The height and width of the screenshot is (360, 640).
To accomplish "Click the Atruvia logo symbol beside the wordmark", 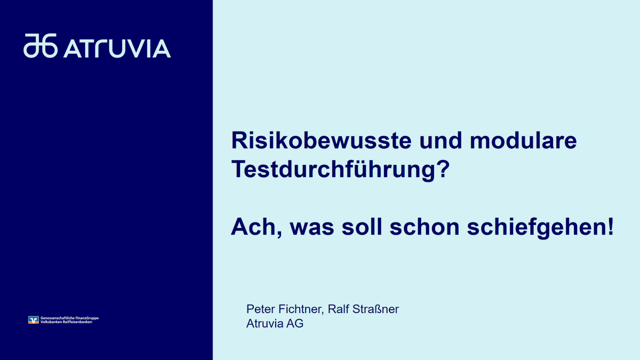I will (41, 46).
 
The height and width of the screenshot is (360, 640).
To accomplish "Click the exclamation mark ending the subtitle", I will (610, 227).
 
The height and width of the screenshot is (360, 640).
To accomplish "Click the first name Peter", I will (261, 309).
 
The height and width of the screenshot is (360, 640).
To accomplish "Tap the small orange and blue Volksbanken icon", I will (34, 320).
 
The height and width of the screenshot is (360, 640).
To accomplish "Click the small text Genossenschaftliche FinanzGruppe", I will (69, 318).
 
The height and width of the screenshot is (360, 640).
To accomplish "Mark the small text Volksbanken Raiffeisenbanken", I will (66, 322).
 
